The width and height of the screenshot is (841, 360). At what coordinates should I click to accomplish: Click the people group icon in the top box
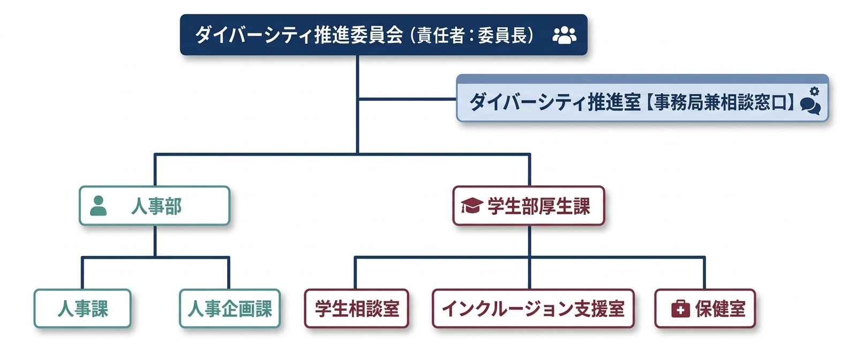coord(564,35)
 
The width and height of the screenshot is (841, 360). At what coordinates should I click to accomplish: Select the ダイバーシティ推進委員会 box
coord(383,35)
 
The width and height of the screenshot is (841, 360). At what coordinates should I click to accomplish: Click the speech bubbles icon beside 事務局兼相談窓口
coord(810,105)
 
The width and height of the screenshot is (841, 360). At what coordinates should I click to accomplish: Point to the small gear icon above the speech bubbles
coord(814,91)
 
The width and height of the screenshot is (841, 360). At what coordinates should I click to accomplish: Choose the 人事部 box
coord(154,206)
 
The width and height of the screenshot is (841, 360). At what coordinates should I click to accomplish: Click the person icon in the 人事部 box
coord(98,206)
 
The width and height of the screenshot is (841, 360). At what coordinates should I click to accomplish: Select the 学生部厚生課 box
coord(529,206)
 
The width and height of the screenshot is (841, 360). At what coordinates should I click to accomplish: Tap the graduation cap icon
coord(471,206)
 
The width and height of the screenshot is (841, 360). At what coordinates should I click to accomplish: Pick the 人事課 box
coord(82,309)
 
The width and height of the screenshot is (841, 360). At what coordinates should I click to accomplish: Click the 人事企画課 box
coord(230,309)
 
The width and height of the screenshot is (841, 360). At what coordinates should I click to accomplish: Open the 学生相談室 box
coord(357,309)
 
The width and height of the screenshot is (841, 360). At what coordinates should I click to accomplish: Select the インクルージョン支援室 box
coord(533,309)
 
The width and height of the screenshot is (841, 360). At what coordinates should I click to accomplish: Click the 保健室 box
coord(705,309)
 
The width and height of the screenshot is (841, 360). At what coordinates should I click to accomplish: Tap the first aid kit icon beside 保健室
coord(680,309)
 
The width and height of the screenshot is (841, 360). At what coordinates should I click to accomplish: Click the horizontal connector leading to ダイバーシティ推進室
coord(407,99)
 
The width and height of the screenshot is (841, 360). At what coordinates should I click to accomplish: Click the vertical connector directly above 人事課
coord(82,273)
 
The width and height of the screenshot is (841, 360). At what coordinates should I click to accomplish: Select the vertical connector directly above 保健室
coord(704,273)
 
